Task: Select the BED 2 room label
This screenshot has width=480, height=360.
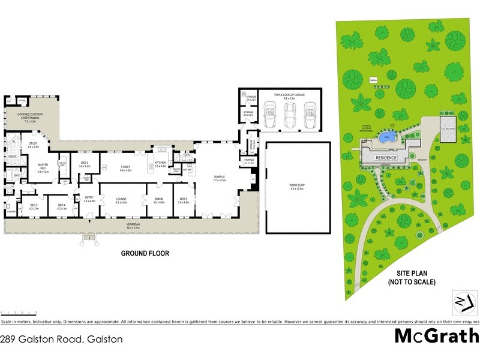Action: tap(84, 164)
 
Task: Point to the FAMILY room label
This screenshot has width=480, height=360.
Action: tap(125, 169)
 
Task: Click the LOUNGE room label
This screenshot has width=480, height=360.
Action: tap(121, 201)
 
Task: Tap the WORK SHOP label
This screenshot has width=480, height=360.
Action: tap(298, 187)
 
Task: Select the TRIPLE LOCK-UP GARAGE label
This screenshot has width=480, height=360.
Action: tap(290, 95)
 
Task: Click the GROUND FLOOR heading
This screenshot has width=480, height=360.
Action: tap(145, 253)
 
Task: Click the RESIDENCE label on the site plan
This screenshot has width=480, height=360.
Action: tap(386, 157)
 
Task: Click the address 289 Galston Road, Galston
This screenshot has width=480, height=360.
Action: tap(61, 339)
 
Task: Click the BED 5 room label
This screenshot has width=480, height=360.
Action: tap(183, 201)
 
